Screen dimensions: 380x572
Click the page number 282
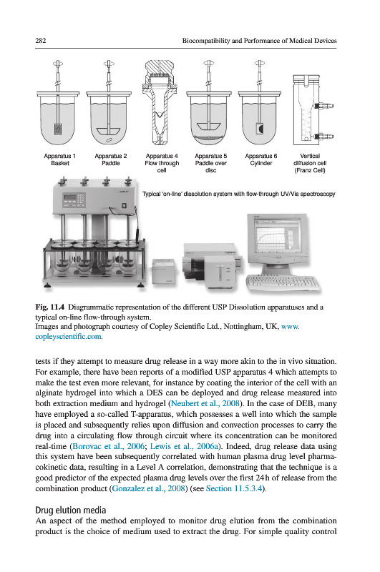(41, 41)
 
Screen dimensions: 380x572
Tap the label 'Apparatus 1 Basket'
(60, 159)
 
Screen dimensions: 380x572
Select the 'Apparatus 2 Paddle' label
(111, 159)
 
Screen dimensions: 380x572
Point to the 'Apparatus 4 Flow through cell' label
(162, 163)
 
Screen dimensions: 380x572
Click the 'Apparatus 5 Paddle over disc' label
(210, 163)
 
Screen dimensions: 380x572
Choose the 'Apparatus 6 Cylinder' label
(261, 159)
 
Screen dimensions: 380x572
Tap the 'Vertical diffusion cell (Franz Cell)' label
(310, 163)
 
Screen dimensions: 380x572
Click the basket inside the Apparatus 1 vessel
(58, 129)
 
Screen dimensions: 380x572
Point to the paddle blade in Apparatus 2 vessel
(108, 131)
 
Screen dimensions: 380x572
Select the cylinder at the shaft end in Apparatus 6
(260, 129)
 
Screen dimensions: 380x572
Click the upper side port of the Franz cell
(323, 106)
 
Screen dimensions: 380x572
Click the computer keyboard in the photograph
(283, 282)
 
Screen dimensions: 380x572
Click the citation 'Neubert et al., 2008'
(205, 403)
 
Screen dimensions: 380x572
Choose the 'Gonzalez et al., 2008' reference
(148, 488)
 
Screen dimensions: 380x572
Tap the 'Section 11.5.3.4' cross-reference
(234, 488)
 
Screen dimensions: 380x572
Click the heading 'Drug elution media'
(71, 510)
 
